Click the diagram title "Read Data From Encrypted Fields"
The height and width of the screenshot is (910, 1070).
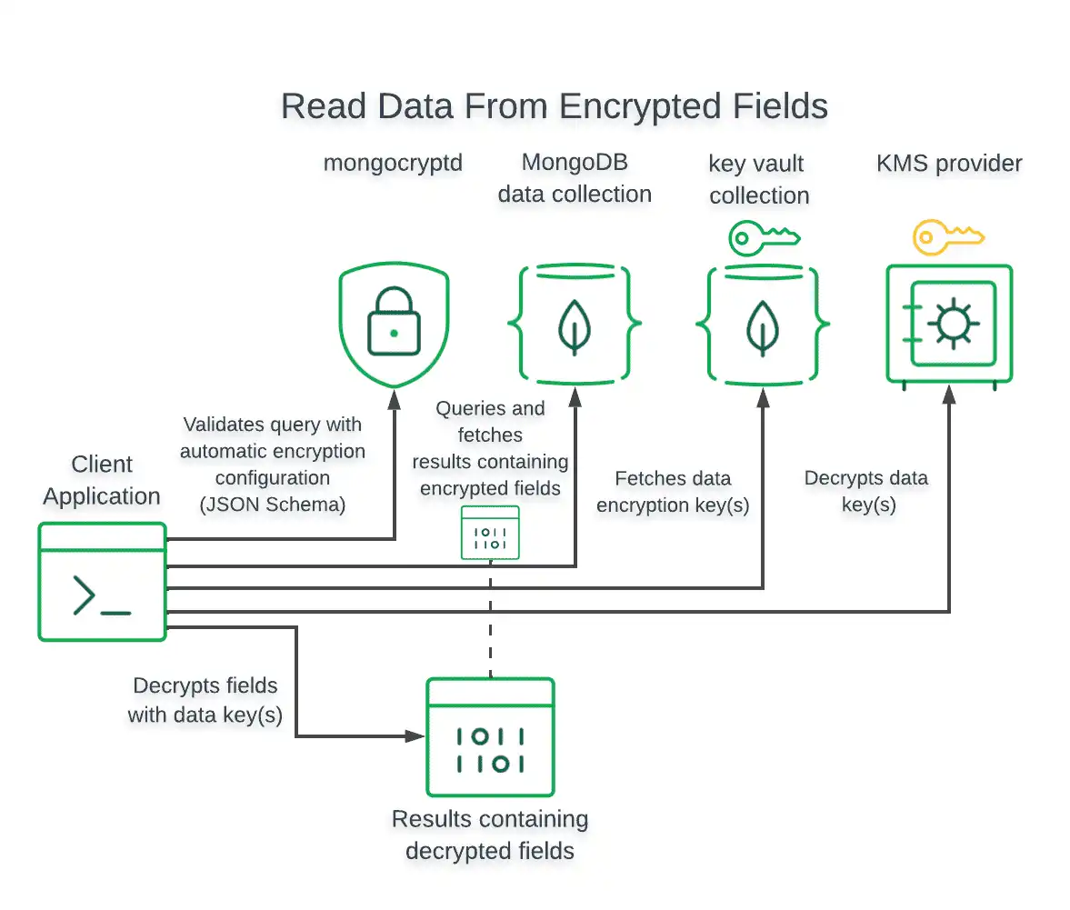click(x=554, y=106)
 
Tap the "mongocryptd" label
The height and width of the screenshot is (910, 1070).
click(x=393, y=164)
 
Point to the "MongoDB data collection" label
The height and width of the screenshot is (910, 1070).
click(x=575, y=178)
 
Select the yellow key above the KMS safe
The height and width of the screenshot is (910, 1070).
click(x=947, y=238)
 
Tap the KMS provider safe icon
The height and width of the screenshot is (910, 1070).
click(x=949, y=324)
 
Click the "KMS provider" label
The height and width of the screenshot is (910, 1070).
click(x=949, y=164)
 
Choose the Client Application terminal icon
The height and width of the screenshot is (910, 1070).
click(x=102, y=582)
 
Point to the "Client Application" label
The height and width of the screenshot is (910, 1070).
click(x=102, y=480)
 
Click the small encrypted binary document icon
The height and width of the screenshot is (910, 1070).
click(x=490, y=533)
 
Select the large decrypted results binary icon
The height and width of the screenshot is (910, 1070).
click(x=490, y=737)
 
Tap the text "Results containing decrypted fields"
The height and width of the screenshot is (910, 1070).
click(x=490, y=835)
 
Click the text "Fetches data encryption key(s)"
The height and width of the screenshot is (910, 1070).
click(x=673, y=492)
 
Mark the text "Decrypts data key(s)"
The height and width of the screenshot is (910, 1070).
click(x=865, y=491)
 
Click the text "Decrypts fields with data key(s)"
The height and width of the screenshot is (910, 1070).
click(x=205, y=700)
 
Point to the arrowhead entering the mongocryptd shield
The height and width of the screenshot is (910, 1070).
click(x=394, y=397)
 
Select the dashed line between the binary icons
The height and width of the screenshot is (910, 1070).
click(x=491, y=618)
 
